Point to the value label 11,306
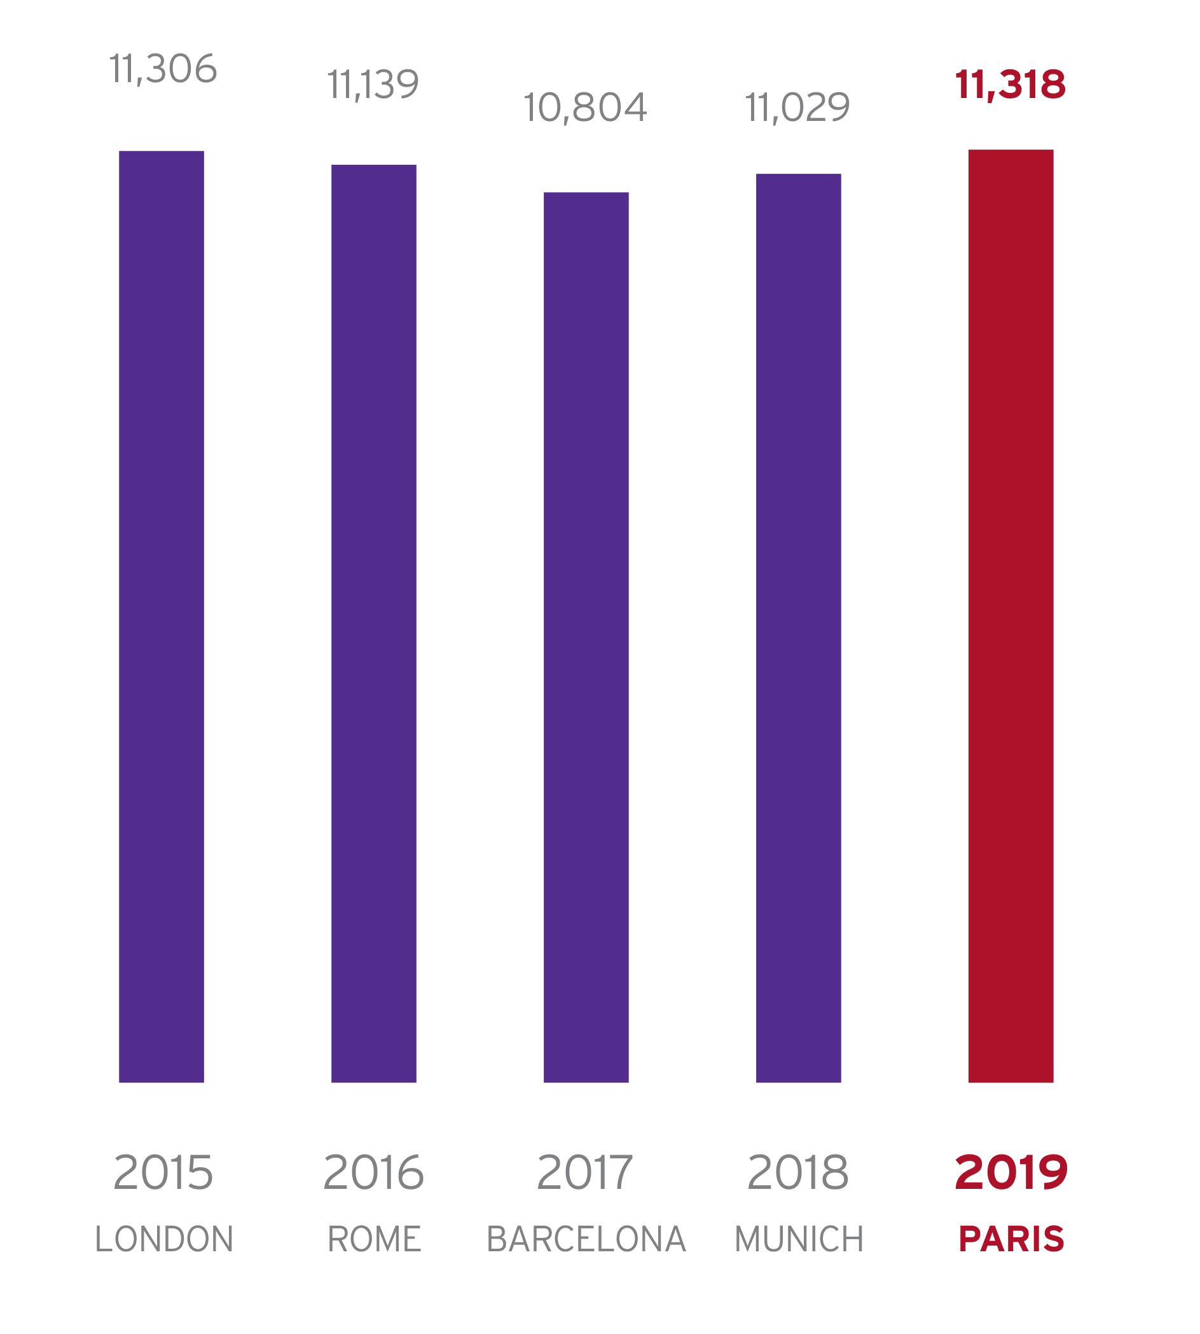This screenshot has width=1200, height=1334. tap(163, 69)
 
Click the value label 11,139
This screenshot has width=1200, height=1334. tap(373, 85)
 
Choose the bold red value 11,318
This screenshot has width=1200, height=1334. tap(1010, 85)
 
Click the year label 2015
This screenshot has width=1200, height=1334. tap(163, 1172)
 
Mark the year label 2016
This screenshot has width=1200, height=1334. tap(373, 1172)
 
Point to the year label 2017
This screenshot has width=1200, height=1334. tap(585, 1172)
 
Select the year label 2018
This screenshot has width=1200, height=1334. tap(798, 1172)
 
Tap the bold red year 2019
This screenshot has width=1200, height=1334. tap(1010, 1172)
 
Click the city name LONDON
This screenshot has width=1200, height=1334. tap(164, 1239)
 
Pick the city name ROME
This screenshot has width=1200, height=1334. tap(374, 1239)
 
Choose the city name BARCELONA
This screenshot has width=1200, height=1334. tap(586, 1239)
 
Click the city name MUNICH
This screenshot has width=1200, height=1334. tap(799, 1239)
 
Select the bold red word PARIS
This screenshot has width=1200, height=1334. tap(1011, 1239)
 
